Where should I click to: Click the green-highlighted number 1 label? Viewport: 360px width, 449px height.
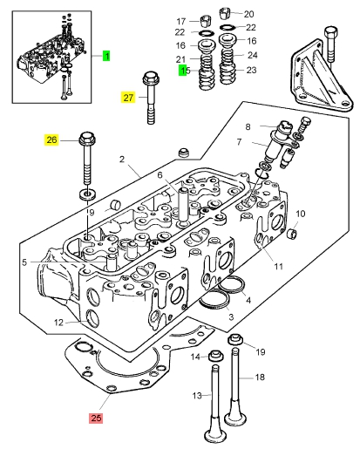pyautogui.click(x=106, y=56)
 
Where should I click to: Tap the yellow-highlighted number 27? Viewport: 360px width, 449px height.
pyautogui.click(x=128, y=98)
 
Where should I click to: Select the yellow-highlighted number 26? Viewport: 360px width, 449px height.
pyautogui.click(x=51, y=139)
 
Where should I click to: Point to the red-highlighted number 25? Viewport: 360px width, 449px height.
pyautogui.click(x=96, y=418)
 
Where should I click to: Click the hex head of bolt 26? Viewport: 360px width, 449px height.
pyautogui.click(x=87, y=139)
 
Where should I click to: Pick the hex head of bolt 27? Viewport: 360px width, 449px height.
pyautogui.click(x=151, y=78)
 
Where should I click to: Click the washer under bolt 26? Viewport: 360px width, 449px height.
pyautogui.click(x=87, y=194)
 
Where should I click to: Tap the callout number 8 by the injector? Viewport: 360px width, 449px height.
pyautogui.click(x=248, y=126)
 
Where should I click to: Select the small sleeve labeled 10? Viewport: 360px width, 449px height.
pyautogui.click(x=292, y=233)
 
